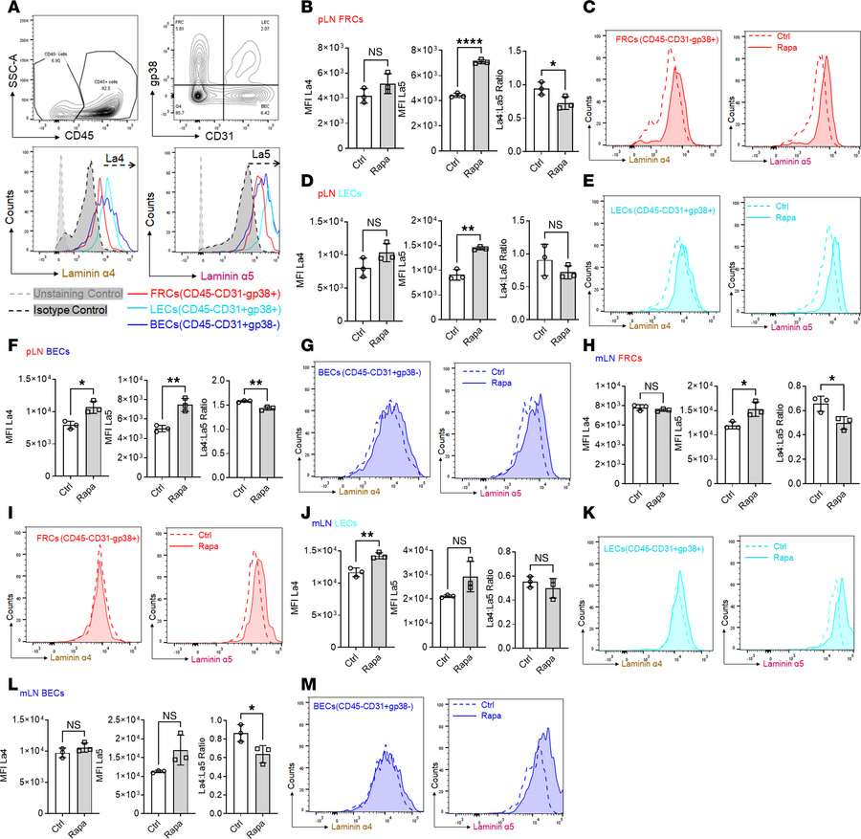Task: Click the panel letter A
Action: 9,9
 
